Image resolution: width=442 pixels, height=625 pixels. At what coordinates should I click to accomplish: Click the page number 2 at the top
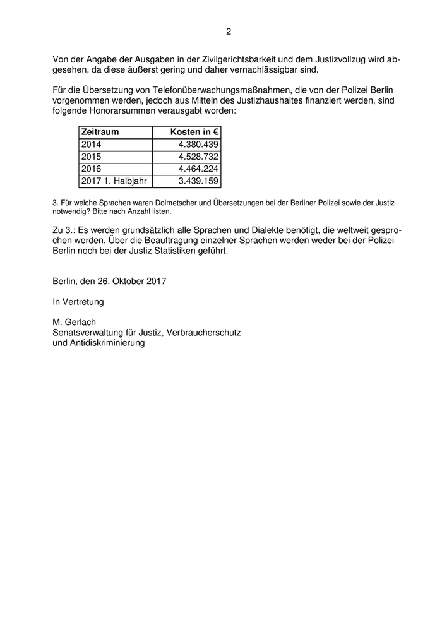[228, 32]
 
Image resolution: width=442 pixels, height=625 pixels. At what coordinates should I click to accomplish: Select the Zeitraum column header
[100, 132]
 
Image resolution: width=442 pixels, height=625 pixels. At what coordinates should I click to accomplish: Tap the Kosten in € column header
[194, 132]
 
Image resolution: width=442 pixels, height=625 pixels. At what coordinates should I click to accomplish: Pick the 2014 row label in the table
[91, 145]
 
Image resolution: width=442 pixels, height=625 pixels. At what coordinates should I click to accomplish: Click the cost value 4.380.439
[198, 145]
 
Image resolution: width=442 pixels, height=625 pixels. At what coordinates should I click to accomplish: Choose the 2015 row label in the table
[91, 157]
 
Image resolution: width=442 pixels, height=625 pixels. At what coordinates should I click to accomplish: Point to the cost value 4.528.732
[198, 157]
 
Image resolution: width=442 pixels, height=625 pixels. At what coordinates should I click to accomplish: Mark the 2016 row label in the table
[91, 169]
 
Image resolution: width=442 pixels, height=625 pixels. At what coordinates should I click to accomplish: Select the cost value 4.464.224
[198, 169]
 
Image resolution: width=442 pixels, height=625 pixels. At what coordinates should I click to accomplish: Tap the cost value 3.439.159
[198, 181]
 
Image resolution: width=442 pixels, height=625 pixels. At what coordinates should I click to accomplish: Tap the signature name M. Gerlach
[75, 322]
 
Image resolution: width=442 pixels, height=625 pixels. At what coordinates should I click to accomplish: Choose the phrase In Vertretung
[78, 302]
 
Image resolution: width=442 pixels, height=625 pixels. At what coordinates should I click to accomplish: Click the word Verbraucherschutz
[203, 332]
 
